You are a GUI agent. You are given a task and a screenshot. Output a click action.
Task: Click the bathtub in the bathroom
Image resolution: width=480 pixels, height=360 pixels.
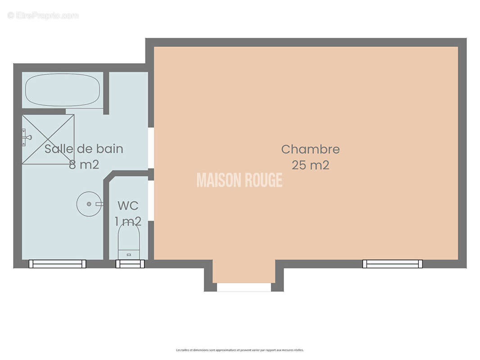pyautogui.click(x=63, y=90)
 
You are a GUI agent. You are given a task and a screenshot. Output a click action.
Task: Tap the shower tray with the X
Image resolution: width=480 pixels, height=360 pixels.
pyautogui.click(x=48, y=139)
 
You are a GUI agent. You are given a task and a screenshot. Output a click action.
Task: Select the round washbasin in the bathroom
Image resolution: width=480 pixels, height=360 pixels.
pyautogui.click(x=89, y=204)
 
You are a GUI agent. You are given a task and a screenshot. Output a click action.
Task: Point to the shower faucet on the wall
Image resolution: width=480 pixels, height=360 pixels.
pyautogui.click(x=26, y=136)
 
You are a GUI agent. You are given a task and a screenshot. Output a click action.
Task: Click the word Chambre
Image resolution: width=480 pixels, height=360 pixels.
pyautogui.click(x=310, y=149)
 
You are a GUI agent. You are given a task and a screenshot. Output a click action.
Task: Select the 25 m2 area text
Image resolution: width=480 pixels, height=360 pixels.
pyautogui.click(x=310, y=165)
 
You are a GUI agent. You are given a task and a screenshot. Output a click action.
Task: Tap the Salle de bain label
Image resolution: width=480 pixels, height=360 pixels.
pyautogui.click(x=84, y=149)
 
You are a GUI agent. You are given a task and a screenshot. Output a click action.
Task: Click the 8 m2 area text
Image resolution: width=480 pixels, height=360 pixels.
pyautogui.click(x=84, y=165)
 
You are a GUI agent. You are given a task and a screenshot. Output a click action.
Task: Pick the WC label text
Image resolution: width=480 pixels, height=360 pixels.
pyautogui.click(x=128, y=206)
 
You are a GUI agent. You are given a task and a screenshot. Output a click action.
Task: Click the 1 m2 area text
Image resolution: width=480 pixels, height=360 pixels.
pyautogui.click(x=128, y=221)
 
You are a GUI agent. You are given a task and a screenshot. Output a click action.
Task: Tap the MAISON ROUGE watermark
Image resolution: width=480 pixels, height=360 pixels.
pyautogui.click(x=240, y=180)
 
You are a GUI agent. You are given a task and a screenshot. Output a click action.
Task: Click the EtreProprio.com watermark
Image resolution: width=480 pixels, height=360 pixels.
pyautogui.click(x=43, y=16)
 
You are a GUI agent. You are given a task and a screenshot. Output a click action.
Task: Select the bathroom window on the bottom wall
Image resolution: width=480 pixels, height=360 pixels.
pyautogui.click(x=57, y=264)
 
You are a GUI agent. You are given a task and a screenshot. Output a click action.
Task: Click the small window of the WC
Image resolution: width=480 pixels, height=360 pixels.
pyautogui.click(x=130, y=264)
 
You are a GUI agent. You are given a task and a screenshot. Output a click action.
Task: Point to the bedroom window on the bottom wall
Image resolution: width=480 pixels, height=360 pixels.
pyautogui.click(x=393, y=264)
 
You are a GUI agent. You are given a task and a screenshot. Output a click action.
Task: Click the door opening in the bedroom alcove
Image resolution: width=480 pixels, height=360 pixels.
pyautogui.click(x=244, y=287)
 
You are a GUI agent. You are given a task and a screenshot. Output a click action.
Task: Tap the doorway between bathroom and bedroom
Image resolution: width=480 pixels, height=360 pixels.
pyautogui.click(x=151, y=148)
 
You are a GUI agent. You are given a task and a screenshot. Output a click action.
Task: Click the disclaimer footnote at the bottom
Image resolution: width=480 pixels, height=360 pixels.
pyautogui.click(x=240, y=350)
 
